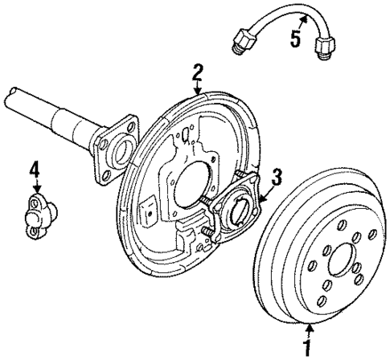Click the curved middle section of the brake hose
(x=281, y=10)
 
